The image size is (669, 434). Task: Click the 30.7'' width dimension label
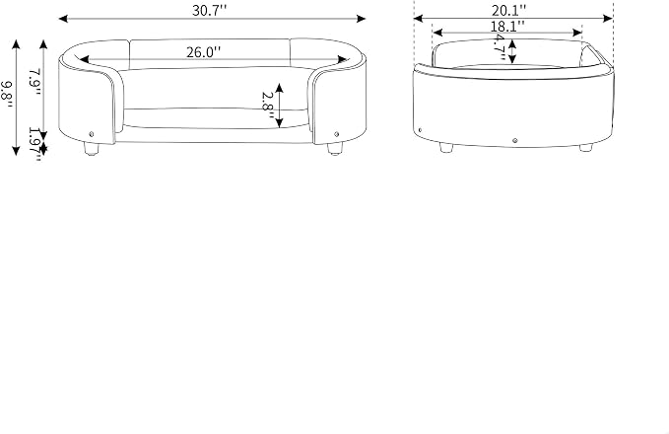click(x=209, y=10)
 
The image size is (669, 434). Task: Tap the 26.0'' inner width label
click(x=204, y=52)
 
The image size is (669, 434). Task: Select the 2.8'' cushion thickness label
click(x=267, y=106)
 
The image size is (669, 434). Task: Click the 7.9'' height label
click(x=34, y=82)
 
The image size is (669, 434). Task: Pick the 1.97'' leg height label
click(x=34, y=144)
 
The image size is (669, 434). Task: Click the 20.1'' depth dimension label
click(x=508, y=10)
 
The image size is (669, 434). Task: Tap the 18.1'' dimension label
click(x=506, y=26)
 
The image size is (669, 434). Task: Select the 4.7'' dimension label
click(x=500, y=48)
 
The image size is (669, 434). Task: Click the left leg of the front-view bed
click(x=91, y=148)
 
